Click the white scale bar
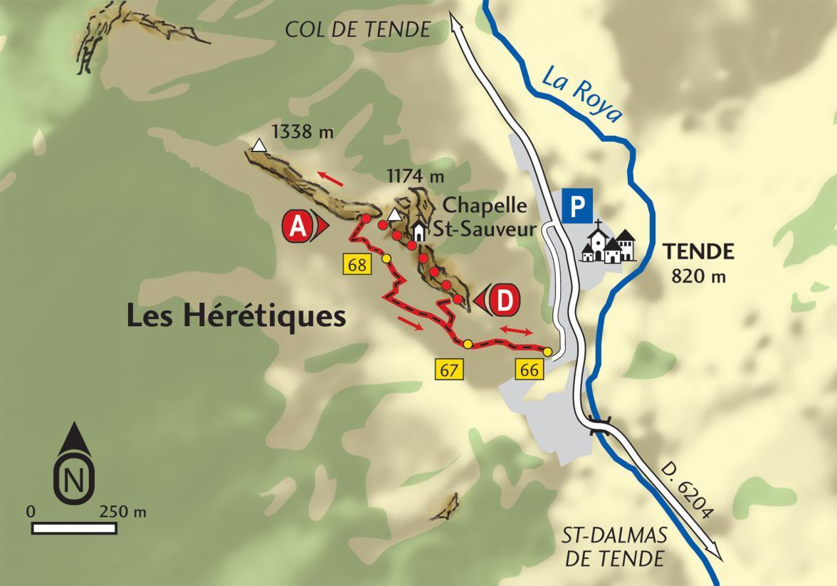coord(74,528)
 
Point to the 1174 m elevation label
coord(415,174)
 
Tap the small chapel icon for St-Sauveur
coord(419,231)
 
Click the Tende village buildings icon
coord(609,244)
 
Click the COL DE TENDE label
coord(358,29)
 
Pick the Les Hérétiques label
coord(236,316)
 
